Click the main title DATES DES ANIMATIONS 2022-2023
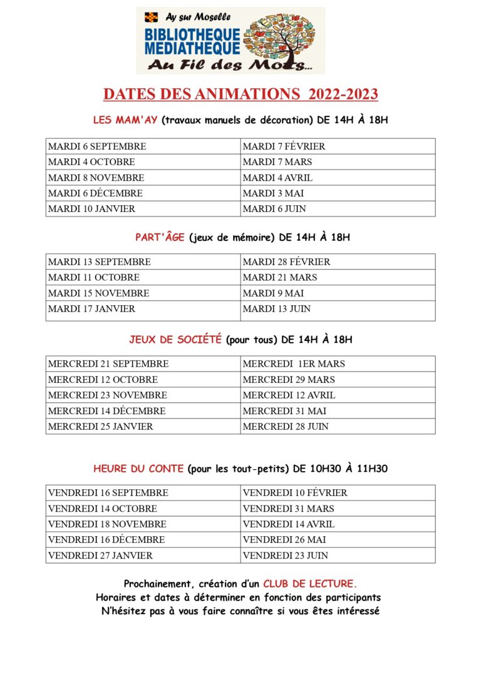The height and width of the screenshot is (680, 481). (240, 94)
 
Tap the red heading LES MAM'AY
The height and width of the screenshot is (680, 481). (126, 119)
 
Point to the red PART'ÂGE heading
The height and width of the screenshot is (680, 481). (160, 237)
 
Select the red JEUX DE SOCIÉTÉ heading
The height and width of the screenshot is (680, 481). (175, 340)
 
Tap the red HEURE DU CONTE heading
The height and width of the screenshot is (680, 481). (138, 468)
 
